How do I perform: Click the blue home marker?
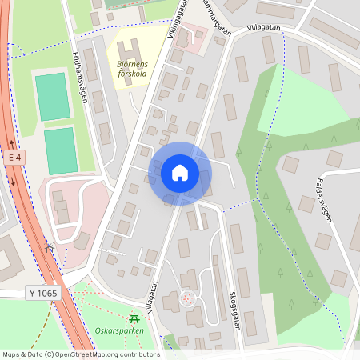[179, 173]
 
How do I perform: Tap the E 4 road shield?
[14, 159]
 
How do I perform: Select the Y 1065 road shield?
[42, 294]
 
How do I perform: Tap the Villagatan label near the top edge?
[264, 27]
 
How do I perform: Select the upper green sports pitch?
[53, 97]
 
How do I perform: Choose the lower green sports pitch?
[60, 150]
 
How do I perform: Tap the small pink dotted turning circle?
[188, 298]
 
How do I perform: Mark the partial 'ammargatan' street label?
[214, 18]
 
